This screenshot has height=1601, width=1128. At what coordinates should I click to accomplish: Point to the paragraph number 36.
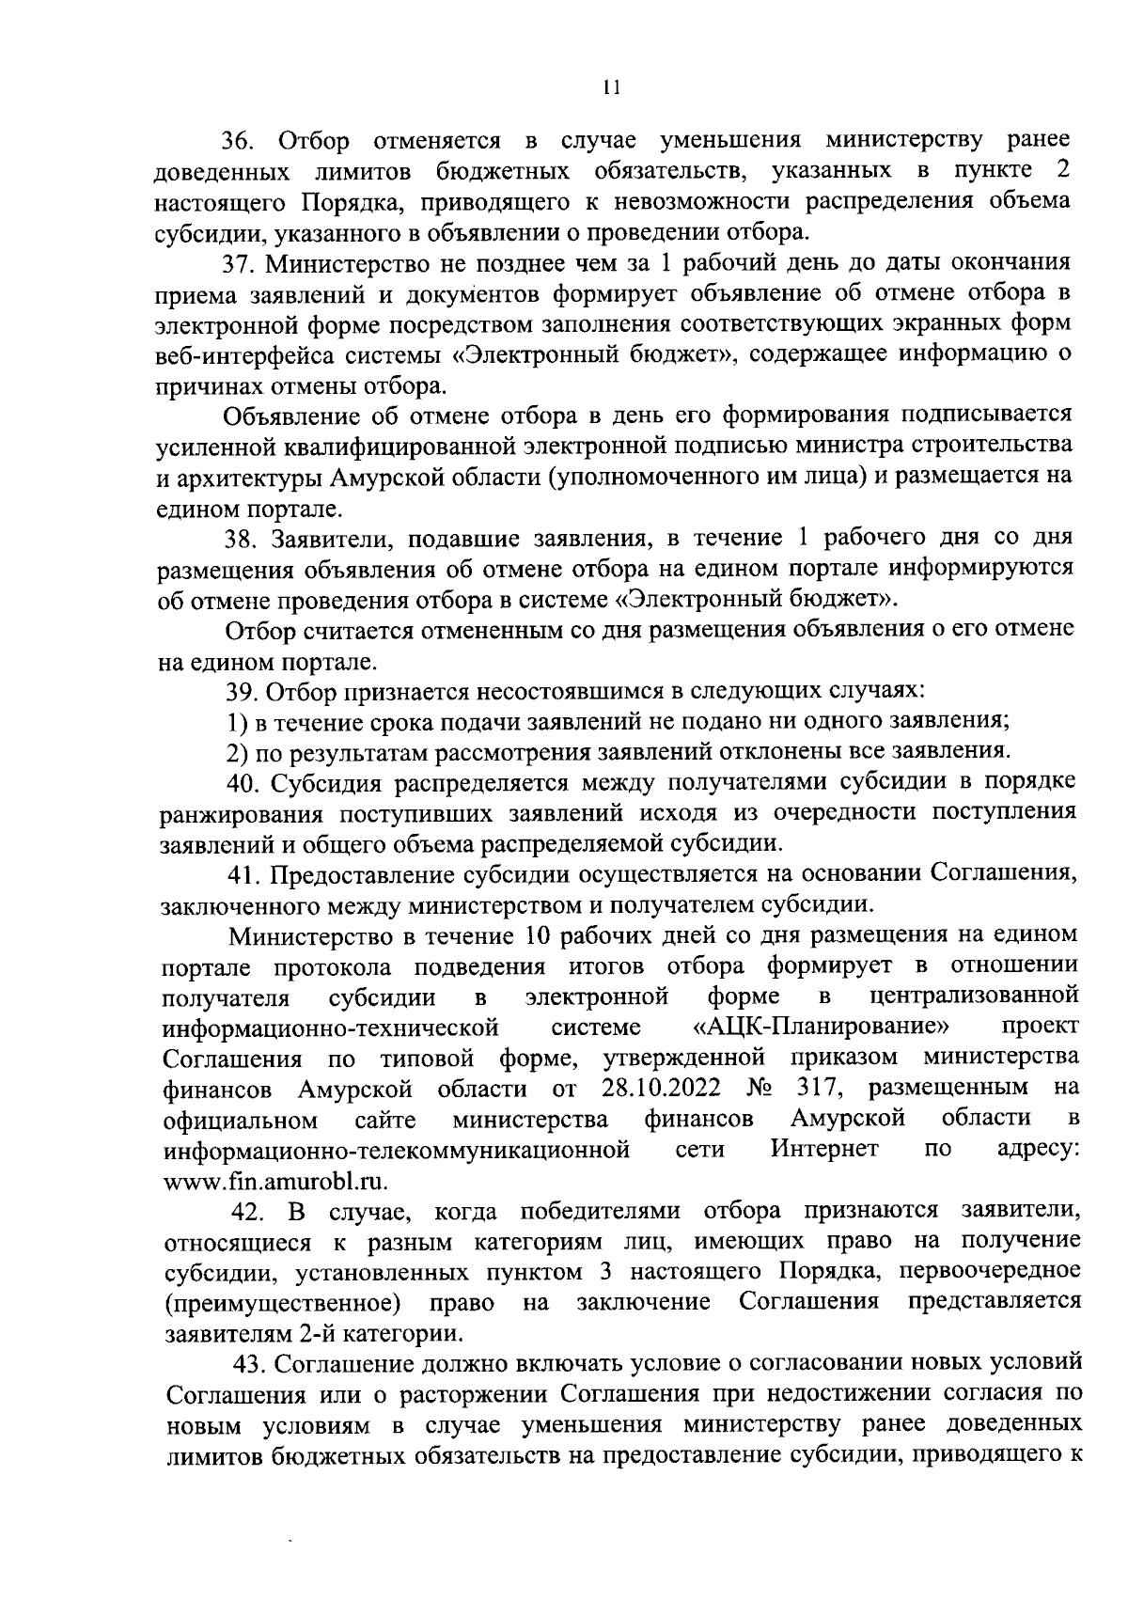point(239,141)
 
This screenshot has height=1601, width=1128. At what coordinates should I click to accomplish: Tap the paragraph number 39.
point(244,692)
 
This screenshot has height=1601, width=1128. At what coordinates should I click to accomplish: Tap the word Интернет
point(824,1149)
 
